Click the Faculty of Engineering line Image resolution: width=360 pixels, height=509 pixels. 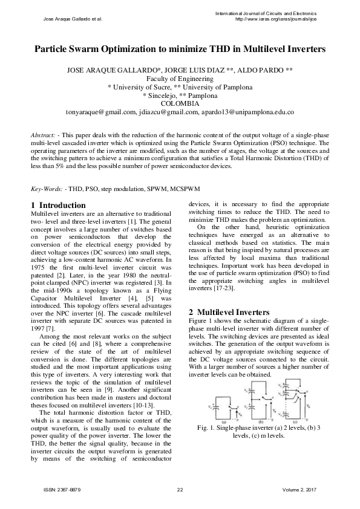tap(180, 79)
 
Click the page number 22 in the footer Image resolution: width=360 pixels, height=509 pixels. tap(180, 489)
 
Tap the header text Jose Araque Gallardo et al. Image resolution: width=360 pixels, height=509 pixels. tap(73, 19)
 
